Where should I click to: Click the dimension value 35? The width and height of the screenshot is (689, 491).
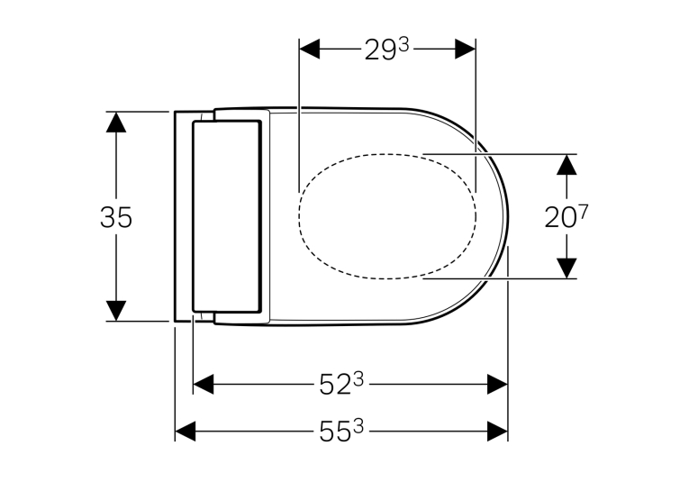pyautogui.click(x=116, y=217)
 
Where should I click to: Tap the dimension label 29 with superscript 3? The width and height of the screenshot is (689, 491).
pyautogui.click(x=386, y=50)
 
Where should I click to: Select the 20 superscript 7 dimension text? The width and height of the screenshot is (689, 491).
pyautogui.click(x=566, y=216)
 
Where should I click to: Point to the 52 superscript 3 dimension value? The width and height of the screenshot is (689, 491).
pyautogui.click(x=341, y=384)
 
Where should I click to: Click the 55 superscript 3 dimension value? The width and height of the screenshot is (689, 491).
pyautogui.click(x=341, y=431)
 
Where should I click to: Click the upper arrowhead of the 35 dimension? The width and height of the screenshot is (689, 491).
pyautogui.click(x=116, y=122)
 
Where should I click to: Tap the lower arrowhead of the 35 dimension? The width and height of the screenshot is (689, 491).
pyautogui.click(x=116, y=311)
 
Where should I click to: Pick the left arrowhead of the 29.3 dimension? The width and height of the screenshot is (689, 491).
pyautogui.click(x=309, y=49)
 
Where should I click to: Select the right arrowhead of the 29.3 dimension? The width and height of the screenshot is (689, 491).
pyautogui.click(x=466, y=49)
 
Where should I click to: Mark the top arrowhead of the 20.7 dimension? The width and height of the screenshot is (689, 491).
pyautogui.click(x=567, y=164)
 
